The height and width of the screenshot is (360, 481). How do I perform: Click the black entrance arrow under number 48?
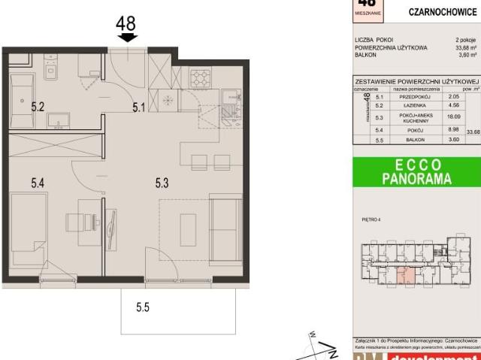coord(129,37)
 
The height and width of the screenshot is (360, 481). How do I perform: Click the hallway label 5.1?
coord(138,107)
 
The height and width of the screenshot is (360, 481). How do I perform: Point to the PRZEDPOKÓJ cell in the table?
coord(421,96)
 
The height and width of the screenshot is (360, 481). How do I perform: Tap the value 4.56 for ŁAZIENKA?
coord(453,106)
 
